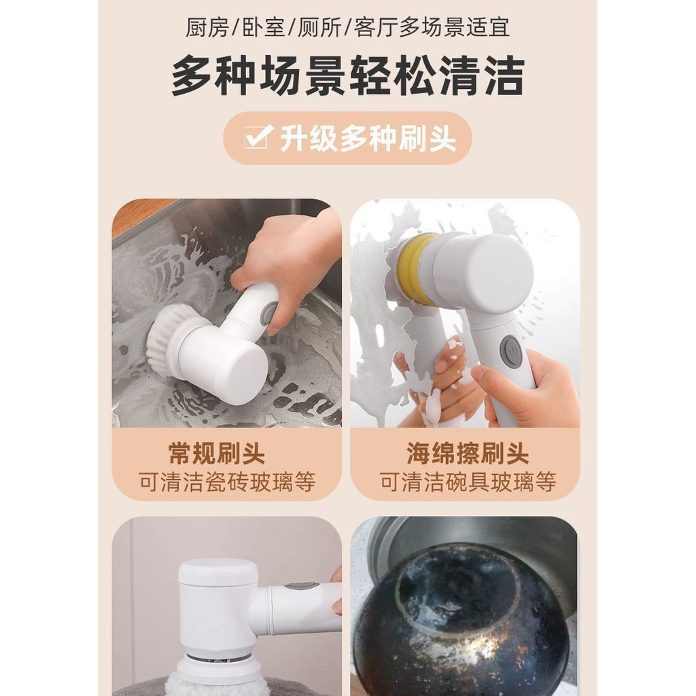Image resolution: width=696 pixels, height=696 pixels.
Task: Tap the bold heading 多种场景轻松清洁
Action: [348, 75]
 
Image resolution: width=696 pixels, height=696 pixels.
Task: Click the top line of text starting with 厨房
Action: [347, 27]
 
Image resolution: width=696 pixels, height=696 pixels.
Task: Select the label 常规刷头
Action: [217, 453]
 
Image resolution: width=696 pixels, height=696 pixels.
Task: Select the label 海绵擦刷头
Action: [467, 453]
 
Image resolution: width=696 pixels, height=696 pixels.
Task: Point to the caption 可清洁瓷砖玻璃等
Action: [227, 482]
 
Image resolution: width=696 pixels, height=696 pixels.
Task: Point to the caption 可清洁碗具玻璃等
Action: [468, 482]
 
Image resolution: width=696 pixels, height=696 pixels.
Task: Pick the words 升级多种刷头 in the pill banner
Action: [368, 139]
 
